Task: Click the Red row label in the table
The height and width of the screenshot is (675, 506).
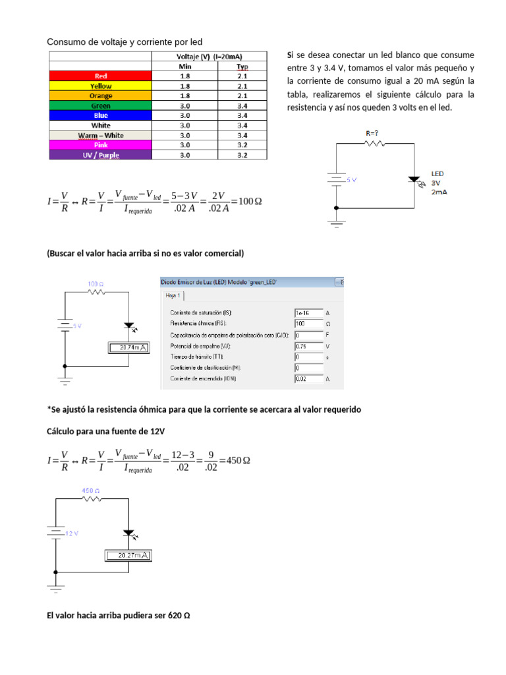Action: pyautogui.click(x=100, y=76)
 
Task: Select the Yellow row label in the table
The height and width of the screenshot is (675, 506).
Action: pyautogui.click(x=100, y=86)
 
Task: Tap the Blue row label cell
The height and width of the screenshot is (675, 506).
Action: pyautogui.click(x=100, y=115)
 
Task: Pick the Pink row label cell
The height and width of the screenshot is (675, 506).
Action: pyautogui.click(x=100, y=145)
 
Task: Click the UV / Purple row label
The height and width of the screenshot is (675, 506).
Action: pyautogui.click(x=100, y=155)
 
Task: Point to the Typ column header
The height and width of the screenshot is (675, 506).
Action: pyautogui.click(x=242, y=66)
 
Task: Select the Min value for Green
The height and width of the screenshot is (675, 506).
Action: pyautogui.click(x=185, y=105)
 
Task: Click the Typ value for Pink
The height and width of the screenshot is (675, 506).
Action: pyautogui.click(x=242, y=145)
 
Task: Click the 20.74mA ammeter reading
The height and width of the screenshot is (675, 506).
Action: pyautogui.click(x=129, y=347)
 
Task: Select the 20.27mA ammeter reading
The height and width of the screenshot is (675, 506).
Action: pyautogui.click(x=128, y=556)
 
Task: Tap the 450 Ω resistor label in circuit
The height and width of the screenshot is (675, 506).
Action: pyautogui.click(x=91, y=491)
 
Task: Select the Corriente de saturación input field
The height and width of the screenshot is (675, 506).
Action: pyautogui.click(x=308, y=312)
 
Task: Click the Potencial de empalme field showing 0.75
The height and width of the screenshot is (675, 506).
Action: pyautogui.click(x=308, y=345)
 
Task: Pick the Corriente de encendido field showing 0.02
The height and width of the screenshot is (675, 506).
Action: pyautogui.click(x=308, y=379)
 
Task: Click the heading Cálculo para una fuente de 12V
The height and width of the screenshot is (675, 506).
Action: pyautogui.click(x=105, y=430)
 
